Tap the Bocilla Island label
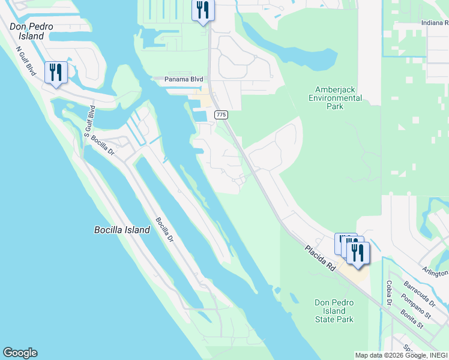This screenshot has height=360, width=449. click(x=122, y=230)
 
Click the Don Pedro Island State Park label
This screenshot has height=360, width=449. click(x=334, y=311)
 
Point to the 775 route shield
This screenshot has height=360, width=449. click(x=221, y=115)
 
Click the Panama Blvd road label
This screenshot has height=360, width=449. click(x=185, y=79)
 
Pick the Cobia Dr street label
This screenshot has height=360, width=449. click(x=389, y=292)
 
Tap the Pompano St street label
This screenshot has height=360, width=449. click(x=418, y=306)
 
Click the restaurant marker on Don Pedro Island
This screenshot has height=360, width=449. click(x=56, y=73)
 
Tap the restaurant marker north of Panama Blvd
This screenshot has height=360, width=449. click(x=203, y=10)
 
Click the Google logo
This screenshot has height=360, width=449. click(x=20, y=353)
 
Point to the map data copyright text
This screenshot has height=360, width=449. click(x=400, y=355)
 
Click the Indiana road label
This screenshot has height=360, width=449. click(x=435, y=23)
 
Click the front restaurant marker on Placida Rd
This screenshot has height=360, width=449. click(x=358, y=253)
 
